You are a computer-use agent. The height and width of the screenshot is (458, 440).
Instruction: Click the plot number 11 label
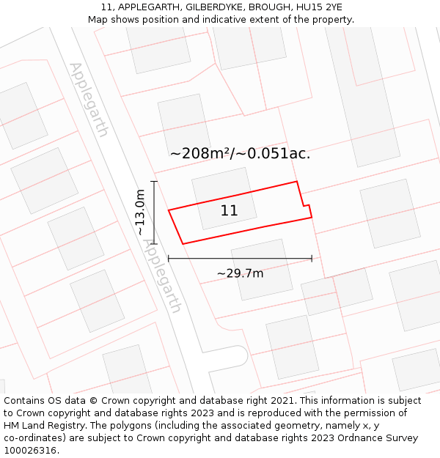229,211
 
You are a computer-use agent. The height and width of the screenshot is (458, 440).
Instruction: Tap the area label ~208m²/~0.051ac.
240,154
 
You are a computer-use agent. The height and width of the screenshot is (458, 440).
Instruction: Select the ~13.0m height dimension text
140,213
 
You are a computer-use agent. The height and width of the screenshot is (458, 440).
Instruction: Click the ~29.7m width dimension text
240,273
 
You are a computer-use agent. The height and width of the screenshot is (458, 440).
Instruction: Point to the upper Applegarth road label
89,100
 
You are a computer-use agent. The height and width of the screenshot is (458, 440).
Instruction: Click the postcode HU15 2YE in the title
317,7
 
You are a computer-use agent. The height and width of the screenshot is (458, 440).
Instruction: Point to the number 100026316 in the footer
31,450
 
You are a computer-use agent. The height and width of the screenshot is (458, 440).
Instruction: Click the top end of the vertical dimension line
154,181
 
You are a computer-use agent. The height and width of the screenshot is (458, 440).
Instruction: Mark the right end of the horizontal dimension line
312,258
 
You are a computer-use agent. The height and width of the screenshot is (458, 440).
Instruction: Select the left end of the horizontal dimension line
169,258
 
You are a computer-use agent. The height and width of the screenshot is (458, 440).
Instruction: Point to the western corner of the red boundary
169,211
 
